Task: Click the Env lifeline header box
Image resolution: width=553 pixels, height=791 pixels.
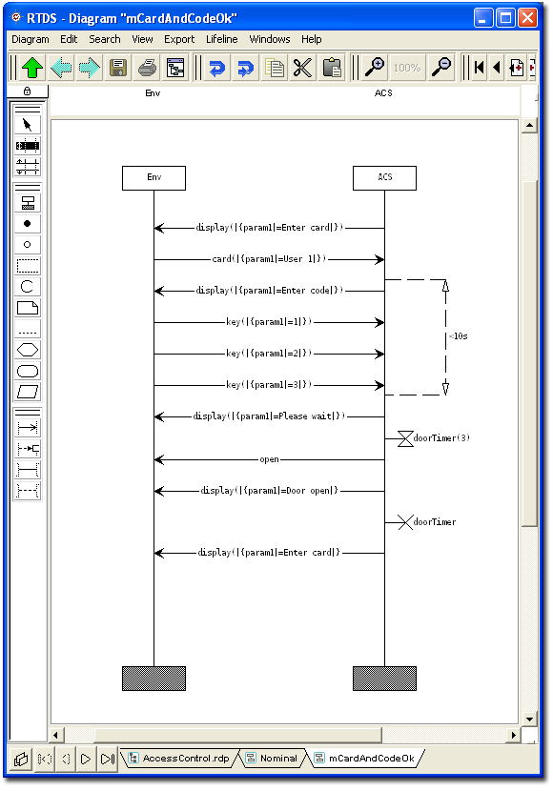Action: (x=154, y=178)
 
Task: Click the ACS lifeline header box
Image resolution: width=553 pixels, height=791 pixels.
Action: (x=384, y=178)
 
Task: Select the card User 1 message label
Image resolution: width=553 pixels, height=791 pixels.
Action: (x=269, y=259)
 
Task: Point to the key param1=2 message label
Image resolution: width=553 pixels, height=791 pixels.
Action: (x=269, y=354)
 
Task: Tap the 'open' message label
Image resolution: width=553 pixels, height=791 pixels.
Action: (x=269, y=459)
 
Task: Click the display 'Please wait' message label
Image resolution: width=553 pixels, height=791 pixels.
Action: (x=269, y=416)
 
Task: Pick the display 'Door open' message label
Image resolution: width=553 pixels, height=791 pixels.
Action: (x=269, y=491)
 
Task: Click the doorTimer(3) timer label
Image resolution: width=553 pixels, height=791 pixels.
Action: (x=441, y=437)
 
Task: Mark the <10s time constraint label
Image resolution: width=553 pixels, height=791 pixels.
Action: (x=459, y=336)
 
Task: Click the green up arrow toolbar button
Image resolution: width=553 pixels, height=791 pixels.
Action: (x=32, y=68)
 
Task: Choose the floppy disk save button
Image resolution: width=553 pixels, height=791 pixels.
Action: (x=118, y=68)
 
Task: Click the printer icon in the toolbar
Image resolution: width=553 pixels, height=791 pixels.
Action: (x=147, y=68)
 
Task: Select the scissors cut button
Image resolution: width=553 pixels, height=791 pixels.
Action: (x=303, y=68)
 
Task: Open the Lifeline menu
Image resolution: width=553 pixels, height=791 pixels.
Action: (x=221, y=39)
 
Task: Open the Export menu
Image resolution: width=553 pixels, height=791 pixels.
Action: (x=179, y=39)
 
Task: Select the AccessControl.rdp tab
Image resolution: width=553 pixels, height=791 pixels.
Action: (x=180, y=759)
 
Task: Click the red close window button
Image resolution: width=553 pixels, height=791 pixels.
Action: (x=528, y=18)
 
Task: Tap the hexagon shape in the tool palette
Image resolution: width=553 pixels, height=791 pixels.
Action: (x=28, y=350)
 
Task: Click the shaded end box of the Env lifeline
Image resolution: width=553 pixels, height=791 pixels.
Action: (x=154, y=679)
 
